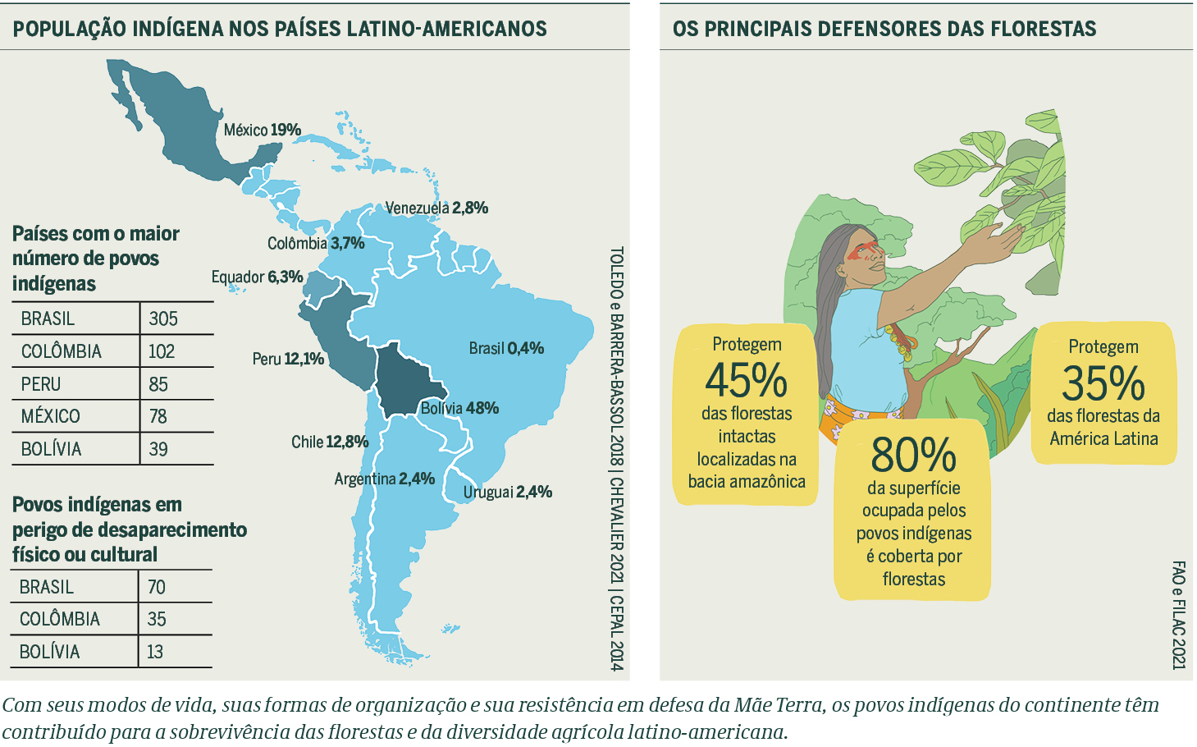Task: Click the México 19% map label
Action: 262,130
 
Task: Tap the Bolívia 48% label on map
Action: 459,408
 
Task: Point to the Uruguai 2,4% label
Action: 507,492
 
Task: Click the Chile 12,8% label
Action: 330,442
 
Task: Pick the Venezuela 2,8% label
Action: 436,208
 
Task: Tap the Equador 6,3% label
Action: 257,277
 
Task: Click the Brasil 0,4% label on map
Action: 506,348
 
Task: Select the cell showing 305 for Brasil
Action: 163,319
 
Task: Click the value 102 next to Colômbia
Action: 162,351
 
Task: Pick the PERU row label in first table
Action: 41,384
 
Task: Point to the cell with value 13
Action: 155,652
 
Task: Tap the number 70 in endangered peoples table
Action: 157,587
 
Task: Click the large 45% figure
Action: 746,380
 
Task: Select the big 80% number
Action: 913,454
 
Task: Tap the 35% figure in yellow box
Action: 1103,383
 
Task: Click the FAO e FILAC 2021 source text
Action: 1178,615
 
